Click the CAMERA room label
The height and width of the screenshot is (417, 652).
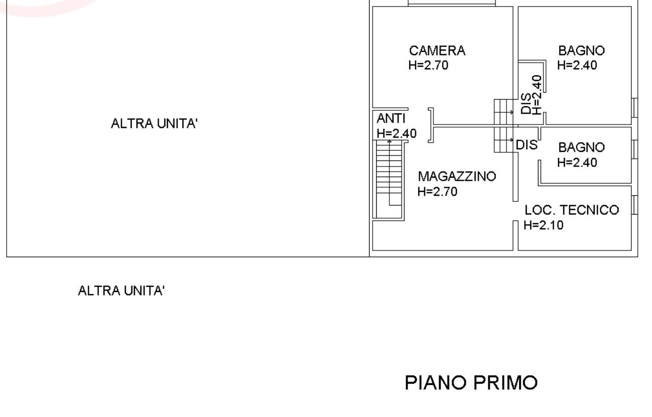click(437, 51)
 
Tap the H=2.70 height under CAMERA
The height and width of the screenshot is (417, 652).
click(428, 65)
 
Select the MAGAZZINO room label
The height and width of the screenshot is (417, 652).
click(457, 177)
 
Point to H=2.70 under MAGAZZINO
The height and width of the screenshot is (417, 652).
click(438, 191)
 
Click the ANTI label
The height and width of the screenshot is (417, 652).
click(391, 118)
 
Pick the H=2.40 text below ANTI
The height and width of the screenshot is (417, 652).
click(396, 134)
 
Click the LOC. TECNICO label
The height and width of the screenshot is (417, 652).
click(572, 210)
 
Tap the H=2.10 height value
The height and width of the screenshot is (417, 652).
click(544, 225)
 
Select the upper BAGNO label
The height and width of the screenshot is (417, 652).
click(582, 51)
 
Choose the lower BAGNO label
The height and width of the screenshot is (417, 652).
click(582, 148)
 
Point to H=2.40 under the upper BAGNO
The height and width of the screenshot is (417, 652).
click(577, 65)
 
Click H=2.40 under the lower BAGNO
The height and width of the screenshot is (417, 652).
click(577, 162)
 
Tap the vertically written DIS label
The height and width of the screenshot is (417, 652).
click(526, 103)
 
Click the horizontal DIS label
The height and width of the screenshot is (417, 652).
click(527, 145)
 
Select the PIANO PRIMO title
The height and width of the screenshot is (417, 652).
click(471, 383)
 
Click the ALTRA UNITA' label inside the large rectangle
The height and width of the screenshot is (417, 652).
click(154, 123)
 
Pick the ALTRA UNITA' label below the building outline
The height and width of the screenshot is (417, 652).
click(121, 290)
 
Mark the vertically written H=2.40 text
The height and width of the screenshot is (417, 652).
click(537, 95)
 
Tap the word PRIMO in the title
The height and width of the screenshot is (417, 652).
click(505, 383)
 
